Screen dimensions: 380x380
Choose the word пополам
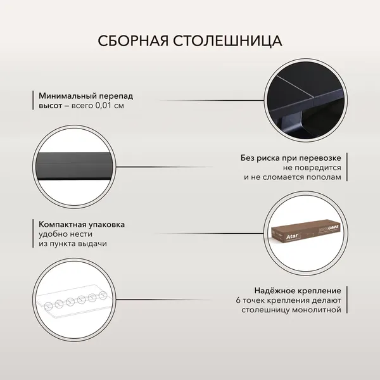[324, 177]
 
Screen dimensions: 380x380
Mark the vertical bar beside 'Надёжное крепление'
[347, 300]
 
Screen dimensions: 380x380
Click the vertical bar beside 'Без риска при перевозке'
[347, 167]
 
